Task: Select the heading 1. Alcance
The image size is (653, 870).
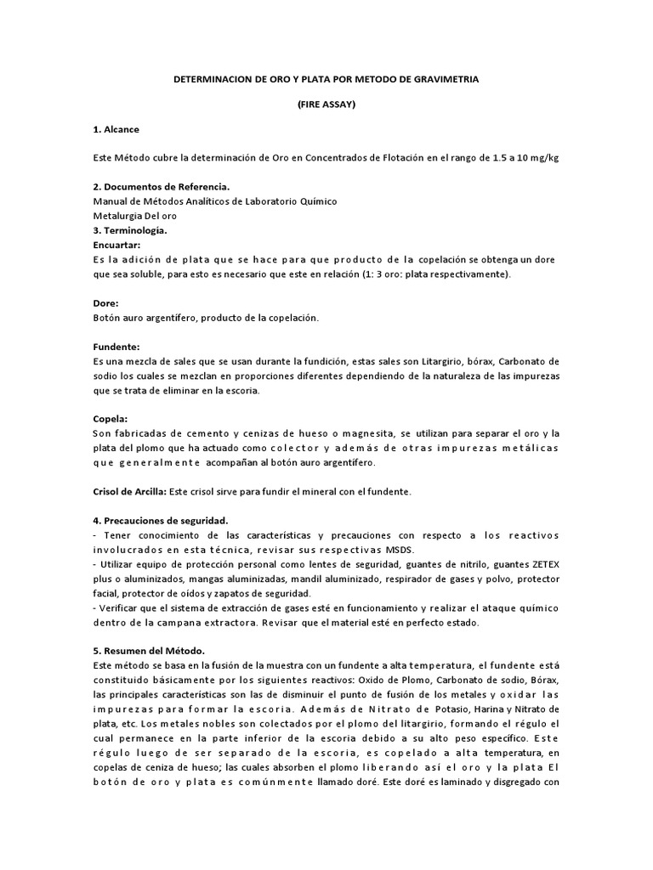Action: (116, 130)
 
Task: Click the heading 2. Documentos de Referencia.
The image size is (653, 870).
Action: (161, 187)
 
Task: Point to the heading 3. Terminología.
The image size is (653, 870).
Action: (129, 230)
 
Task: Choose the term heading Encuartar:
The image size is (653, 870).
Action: (116, 245)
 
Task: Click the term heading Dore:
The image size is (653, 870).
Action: (105, 302)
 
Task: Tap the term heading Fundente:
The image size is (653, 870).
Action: (116, 347)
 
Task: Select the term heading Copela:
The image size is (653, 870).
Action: (111, 419)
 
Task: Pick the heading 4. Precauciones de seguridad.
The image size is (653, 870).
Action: (161, 520)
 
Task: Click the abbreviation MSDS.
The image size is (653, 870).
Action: (396, 549)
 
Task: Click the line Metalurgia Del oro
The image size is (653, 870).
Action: (134, 216)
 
